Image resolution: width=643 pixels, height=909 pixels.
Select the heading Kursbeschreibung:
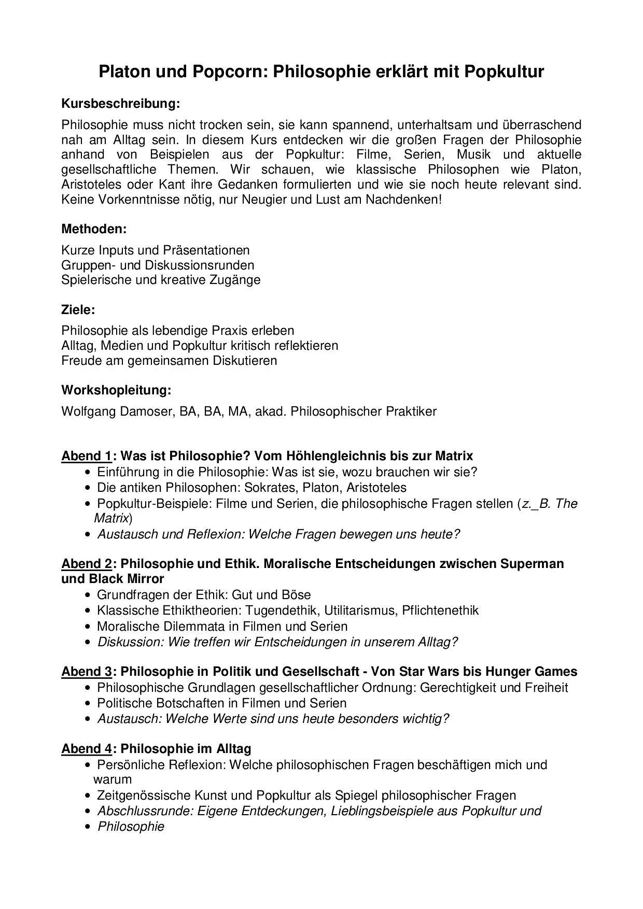120,104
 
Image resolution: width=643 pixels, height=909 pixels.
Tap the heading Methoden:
94,229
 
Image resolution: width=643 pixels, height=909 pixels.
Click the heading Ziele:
78,310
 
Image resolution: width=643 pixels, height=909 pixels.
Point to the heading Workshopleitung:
116,390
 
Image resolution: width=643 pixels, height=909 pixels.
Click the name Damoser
144,411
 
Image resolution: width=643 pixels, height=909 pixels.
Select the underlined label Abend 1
87,456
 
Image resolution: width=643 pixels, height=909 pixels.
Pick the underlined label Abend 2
87,563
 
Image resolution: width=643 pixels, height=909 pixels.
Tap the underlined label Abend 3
87,672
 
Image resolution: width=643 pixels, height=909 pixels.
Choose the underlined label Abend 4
87,749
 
